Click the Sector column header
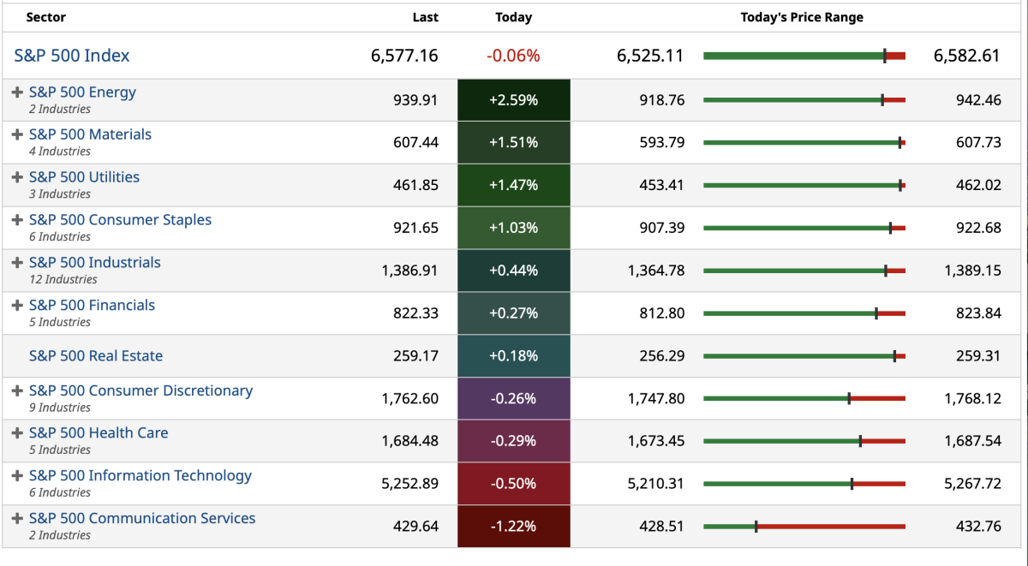[45, 17]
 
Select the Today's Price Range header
[802, 17]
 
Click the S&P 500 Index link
[72, 56]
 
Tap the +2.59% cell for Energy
[513, 100]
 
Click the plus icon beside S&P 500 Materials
[17, 134]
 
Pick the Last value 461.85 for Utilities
[415, 185]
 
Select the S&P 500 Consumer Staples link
[120, 220]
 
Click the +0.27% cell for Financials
[513, 313]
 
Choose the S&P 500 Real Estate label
[96, 356]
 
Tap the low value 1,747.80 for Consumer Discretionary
[656, 399]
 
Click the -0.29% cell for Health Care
[513, 441]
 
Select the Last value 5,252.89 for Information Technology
[409, 484]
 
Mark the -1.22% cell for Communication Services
[513, 527]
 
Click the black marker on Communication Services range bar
[756, 527]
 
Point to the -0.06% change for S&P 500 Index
[513, 56]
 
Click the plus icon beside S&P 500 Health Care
[17, 433]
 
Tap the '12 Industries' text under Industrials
[63, 279]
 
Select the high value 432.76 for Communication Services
[978, 527]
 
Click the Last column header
[425, 17]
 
